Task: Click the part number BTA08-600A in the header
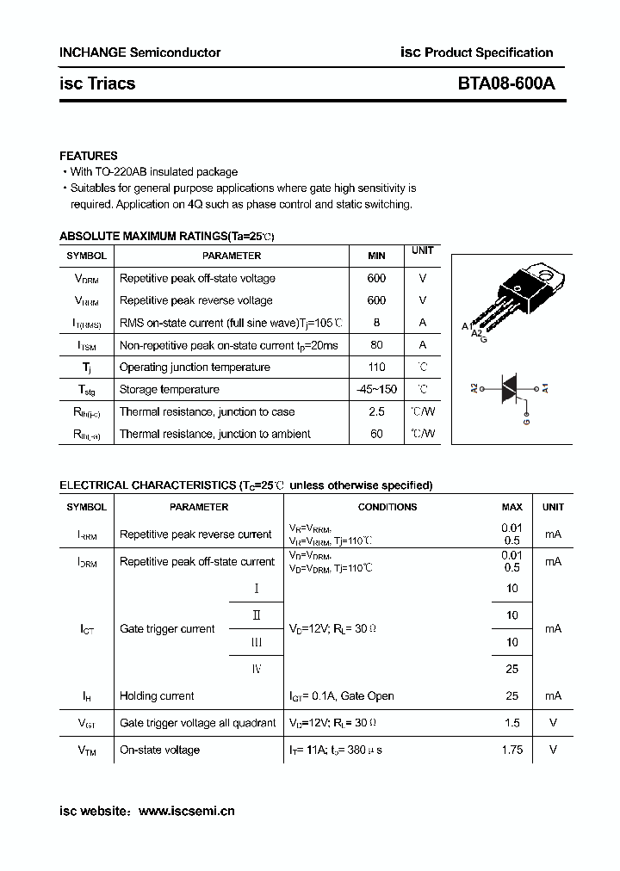coord(506,83)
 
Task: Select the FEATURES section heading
coord(88,156)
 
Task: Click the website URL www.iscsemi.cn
coord(186,811)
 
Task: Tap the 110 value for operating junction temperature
coord(376,368)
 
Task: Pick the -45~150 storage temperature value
coord(376,390)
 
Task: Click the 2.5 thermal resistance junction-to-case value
coord(376,412)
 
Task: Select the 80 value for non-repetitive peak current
coord(376,345)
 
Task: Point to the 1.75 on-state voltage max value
coord(512,751)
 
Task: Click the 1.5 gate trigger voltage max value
coord(512,723)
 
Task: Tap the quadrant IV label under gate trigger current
coord(256,669)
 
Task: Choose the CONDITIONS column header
coord(387,508)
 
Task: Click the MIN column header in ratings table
coord(376,256)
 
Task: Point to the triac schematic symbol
coord(511,388)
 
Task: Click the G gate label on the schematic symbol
coord(527,421)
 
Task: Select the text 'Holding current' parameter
coord(157,696)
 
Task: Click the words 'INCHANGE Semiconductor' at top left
coord(139,53)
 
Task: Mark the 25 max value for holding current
coord(512,696)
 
